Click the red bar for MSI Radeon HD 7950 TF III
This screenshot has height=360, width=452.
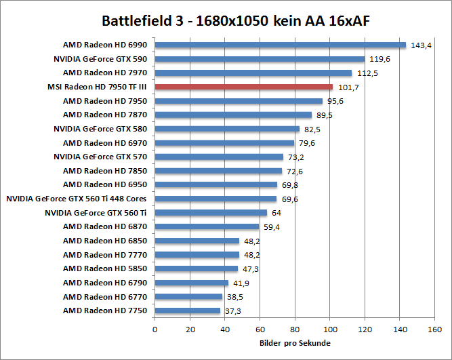pyautogui.click(x=244, y=87)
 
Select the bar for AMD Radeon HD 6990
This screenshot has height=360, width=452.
pyautogui.click(x=281, y=45)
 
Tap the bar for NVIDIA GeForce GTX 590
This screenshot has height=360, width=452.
pyautogui.click(x=260, y=59)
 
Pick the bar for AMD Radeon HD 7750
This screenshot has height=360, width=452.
pyautogui.click(x=188, y=311)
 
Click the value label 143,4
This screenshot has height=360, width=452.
pyautogui.click(x=422, y=45)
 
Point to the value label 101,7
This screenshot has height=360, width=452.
pyautogui.click(x=348, y=87)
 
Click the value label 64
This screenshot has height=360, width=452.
pyautogui.click(x=276, y=213)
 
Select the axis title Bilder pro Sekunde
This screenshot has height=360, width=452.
pyautogui.click(x=295, y=343)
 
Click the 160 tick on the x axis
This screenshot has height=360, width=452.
pyautogui.click(x=435, y=329)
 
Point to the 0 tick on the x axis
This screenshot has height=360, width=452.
pyautogui.click(x=155, y=329)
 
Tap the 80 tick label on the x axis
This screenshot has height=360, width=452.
pyautogui.click(x=295, y=329)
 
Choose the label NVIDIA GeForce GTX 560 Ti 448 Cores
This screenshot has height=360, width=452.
pyautogui.click(x=77, y=199)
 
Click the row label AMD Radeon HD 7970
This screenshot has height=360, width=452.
pyautogui.click(x=105, y=73)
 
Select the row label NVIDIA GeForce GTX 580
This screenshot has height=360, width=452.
pyautogui.click(x=100, y=129)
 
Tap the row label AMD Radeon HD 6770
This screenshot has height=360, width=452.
pyautogui.click(x=105, y=297)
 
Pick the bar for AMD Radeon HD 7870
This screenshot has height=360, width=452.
pyautogui.click(x=233, y=115)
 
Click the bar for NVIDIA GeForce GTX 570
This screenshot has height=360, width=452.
pyautogui.click(x=219, y=157)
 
